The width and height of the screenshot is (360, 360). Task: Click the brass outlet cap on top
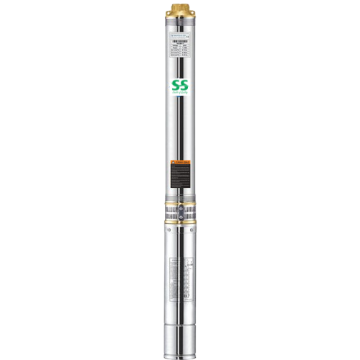click(x=180, y=9)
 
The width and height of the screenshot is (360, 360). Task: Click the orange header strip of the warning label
click(x=180, y=162)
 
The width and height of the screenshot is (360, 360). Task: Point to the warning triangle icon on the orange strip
click(x=174, y=162)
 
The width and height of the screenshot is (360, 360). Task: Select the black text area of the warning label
click(x=180, y=176)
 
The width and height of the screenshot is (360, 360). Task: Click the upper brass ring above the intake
click(x=180, y=204)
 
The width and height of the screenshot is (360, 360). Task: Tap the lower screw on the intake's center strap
click(x=180, y=218)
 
